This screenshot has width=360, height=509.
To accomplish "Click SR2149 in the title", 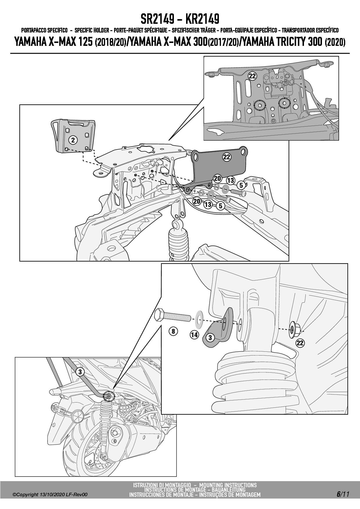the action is tap(157, 19).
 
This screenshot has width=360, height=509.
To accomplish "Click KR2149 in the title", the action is tap(202, 19).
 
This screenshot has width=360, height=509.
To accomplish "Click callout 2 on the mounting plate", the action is tap(73, 140).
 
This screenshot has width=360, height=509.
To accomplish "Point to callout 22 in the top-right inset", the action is tap(252, 76).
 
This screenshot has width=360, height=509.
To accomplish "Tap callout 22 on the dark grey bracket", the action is tap(227, 157).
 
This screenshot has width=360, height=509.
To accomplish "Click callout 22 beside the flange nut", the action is tap(300, 343).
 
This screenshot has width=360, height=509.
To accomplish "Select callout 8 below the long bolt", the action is tap(173, 331).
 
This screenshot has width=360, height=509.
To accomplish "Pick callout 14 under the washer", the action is tap(194, 335).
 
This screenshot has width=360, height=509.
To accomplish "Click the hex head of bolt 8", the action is tap(160, 315).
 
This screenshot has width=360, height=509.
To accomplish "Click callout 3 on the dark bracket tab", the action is tap(210, 337).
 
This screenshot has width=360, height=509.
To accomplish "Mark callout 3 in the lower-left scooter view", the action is tap(80, 372).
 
